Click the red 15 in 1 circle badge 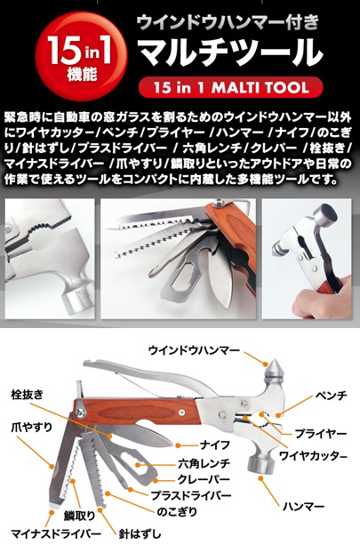pos(82,56)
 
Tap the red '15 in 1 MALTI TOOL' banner pos(231,87)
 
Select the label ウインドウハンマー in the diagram pos(194,350)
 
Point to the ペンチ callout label pos(332,396)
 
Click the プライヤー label pos(321,434)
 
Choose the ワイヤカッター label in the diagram pos(313,455)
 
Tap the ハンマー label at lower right pos(303,507)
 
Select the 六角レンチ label pos(204,463)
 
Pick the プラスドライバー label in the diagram pos(191,495)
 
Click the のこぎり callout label pos(177,511)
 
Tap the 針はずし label pos(140,533)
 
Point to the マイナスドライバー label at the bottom pos(56,533)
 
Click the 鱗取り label pos(79,516)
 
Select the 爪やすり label pos(32,427)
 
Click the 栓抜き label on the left pos(27,395)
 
